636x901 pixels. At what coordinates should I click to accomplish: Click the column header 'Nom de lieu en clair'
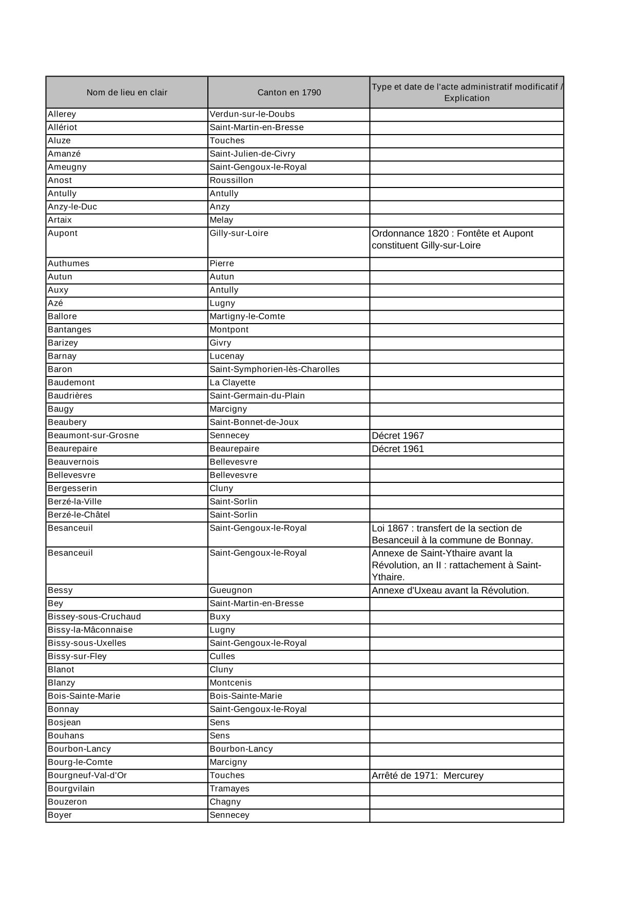coord(127,92)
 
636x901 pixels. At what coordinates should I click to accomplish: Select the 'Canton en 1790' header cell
coord(289,92)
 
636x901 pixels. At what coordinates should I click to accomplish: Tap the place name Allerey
coord(62,114)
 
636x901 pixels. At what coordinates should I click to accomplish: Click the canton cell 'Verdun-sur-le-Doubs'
coord(252,114)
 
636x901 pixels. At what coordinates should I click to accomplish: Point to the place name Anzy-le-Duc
coord(72,207)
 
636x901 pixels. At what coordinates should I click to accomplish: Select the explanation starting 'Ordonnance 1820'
coord(452,239)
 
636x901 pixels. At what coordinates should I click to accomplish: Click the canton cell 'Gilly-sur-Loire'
coord(239,233)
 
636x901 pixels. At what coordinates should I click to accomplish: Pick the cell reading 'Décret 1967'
coord(398,436)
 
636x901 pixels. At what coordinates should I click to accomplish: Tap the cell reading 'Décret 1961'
coord(398,449)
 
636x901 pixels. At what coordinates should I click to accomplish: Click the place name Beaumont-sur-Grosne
coord(93,436)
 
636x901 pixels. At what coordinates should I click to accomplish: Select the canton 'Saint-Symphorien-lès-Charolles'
coord(275,369)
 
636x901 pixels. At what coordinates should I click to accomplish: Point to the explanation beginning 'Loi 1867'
coord(452,534)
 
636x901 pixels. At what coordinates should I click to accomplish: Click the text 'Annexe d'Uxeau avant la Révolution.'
coord(450,590)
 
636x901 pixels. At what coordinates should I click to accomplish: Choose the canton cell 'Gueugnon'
coord(231,590)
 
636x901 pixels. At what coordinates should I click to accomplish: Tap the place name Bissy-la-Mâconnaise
coord(90,630)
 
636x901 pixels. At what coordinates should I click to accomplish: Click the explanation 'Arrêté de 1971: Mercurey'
coord(428,776)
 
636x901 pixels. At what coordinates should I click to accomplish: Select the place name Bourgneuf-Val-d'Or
coord(87,775)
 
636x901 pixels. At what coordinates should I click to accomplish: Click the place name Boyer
coord(60,815)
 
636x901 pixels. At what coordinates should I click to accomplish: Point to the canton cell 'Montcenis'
coord(230,683)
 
